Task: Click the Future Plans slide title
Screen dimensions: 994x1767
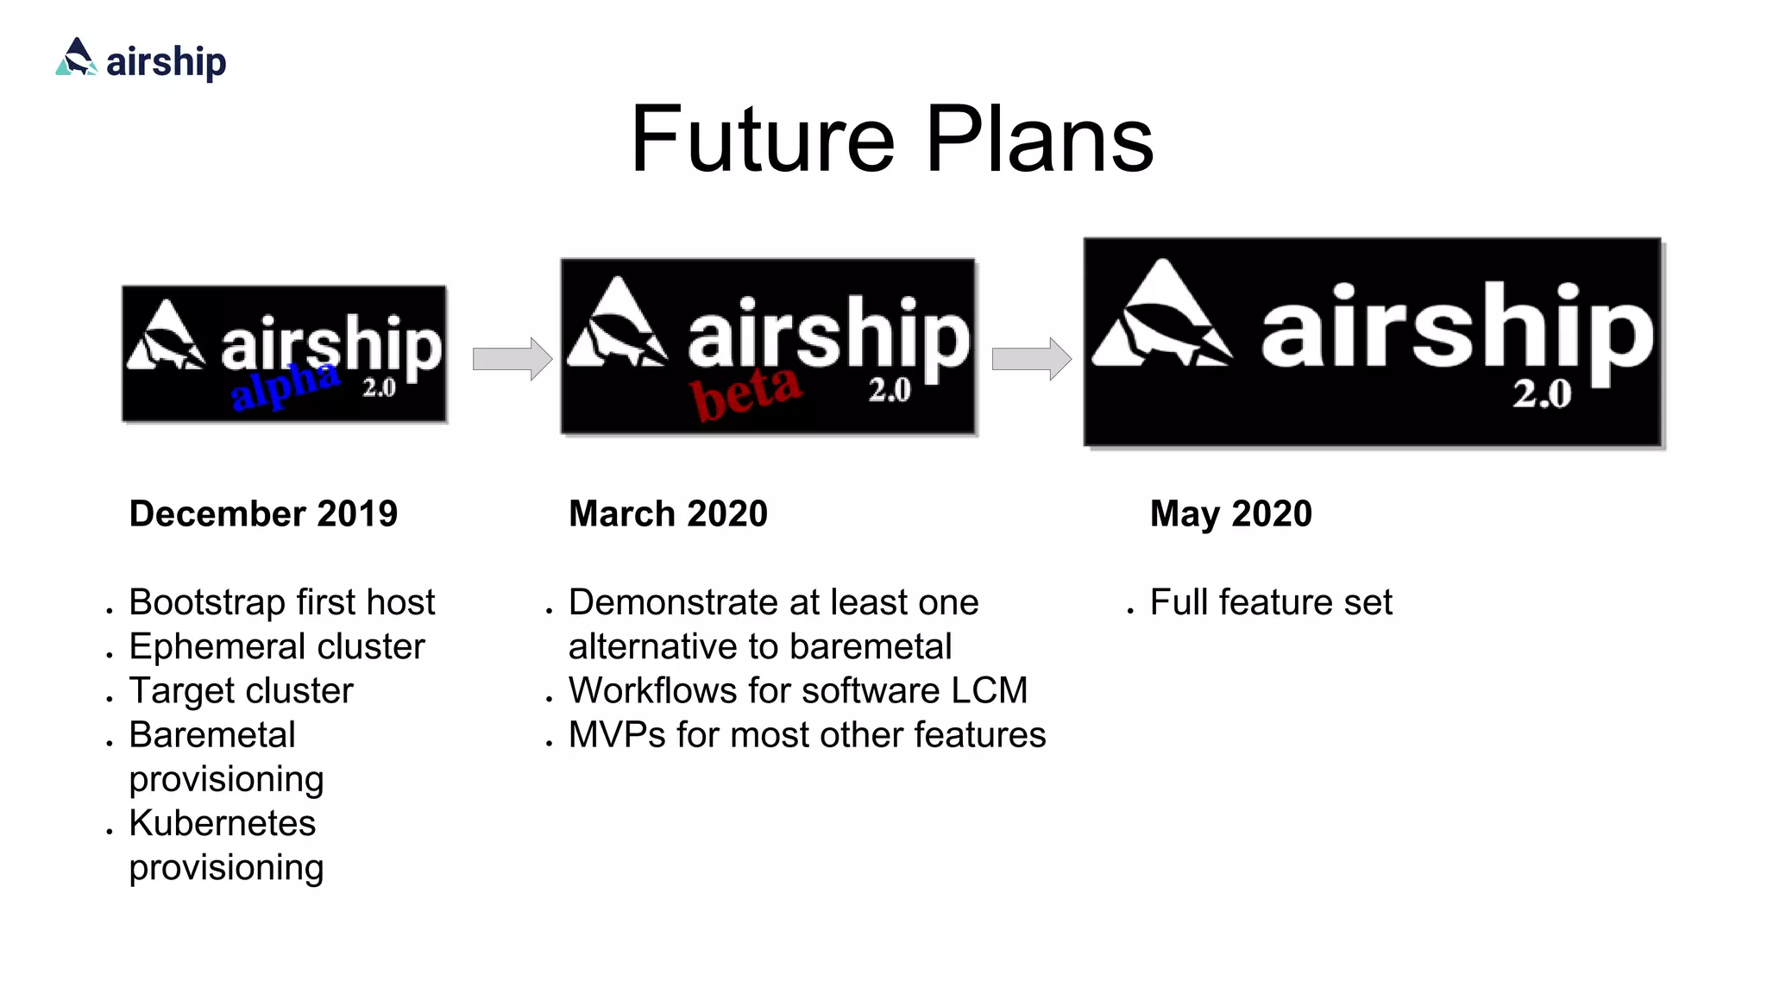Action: coord(891,140)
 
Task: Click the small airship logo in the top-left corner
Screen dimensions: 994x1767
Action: coord(141,60)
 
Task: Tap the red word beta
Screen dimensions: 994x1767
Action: coord(746,393)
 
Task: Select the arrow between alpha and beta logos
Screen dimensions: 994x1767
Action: coord(512,358)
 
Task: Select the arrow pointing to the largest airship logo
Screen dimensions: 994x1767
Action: coord(1031,358)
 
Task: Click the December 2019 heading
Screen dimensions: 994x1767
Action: coord(263,513)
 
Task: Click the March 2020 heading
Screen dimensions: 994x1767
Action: coord(668,513)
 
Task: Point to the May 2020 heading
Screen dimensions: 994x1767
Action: coord(1230,513)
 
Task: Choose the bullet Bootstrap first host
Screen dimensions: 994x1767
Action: coord(281,602)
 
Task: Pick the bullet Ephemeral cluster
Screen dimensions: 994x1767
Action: coord(276,646)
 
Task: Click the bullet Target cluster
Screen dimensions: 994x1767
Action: coord(241,690)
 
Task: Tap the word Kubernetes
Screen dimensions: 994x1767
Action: coord(222,823)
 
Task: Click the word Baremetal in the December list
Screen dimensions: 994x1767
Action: coord(212,735)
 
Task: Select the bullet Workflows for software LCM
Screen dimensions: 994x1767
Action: coord(797,690)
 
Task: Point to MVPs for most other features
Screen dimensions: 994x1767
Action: coord(806,735)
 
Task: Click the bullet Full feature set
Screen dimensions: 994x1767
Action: coord(1270,602)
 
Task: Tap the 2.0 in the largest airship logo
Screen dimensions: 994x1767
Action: coord(1541,394)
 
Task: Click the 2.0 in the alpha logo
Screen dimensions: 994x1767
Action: coord(379,387)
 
